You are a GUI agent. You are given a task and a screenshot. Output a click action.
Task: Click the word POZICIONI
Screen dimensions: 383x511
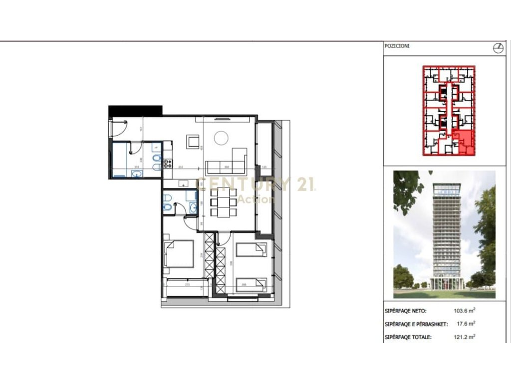click(397, 46)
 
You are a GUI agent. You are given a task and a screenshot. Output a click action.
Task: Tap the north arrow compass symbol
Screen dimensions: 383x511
click(497, 48)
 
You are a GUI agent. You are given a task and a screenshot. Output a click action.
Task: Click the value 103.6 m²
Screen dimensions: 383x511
click(461, 310)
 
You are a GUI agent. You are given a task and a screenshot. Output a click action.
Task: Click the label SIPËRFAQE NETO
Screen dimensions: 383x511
click(405, 311)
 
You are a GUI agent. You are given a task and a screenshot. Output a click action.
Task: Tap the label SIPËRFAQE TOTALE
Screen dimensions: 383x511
click(407, 338)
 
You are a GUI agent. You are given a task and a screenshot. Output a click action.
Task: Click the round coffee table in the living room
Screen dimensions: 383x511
click(220, 138)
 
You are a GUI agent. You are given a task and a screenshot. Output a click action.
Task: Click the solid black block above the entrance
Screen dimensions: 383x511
click(135, 110)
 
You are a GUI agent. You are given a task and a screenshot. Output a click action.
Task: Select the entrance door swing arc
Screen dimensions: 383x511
click(119, 129)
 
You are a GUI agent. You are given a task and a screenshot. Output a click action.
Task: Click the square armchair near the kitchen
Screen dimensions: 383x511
click(193, 142)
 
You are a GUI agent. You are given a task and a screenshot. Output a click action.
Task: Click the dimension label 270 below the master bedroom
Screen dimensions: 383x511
click(187, 285)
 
